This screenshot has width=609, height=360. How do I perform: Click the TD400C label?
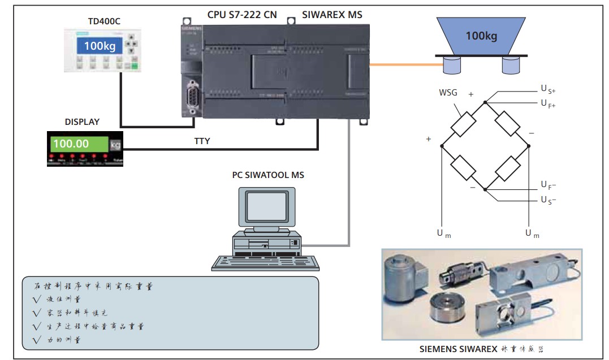pos(105,22)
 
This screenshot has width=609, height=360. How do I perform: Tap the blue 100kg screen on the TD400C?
pos(100,45)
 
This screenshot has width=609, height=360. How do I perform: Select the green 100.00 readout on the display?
pos(78,144)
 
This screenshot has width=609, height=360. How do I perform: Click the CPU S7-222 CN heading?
pos(243,15)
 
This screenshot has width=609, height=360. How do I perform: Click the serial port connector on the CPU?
pos(192,97)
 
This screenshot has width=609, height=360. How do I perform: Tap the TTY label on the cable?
pos(202,141)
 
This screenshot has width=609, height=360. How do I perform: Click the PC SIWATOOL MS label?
pos(267,175)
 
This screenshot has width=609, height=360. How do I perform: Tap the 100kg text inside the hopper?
pos(481,36)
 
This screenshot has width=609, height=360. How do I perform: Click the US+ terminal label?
pos(548,90)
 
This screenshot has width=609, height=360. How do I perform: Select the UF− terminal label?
pos(548,185)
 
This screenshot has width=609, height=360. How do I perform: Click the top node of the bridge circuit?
pos(485,102)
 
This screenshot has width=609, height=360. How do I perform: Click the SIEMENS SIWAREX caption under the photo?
pos(482,349)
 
